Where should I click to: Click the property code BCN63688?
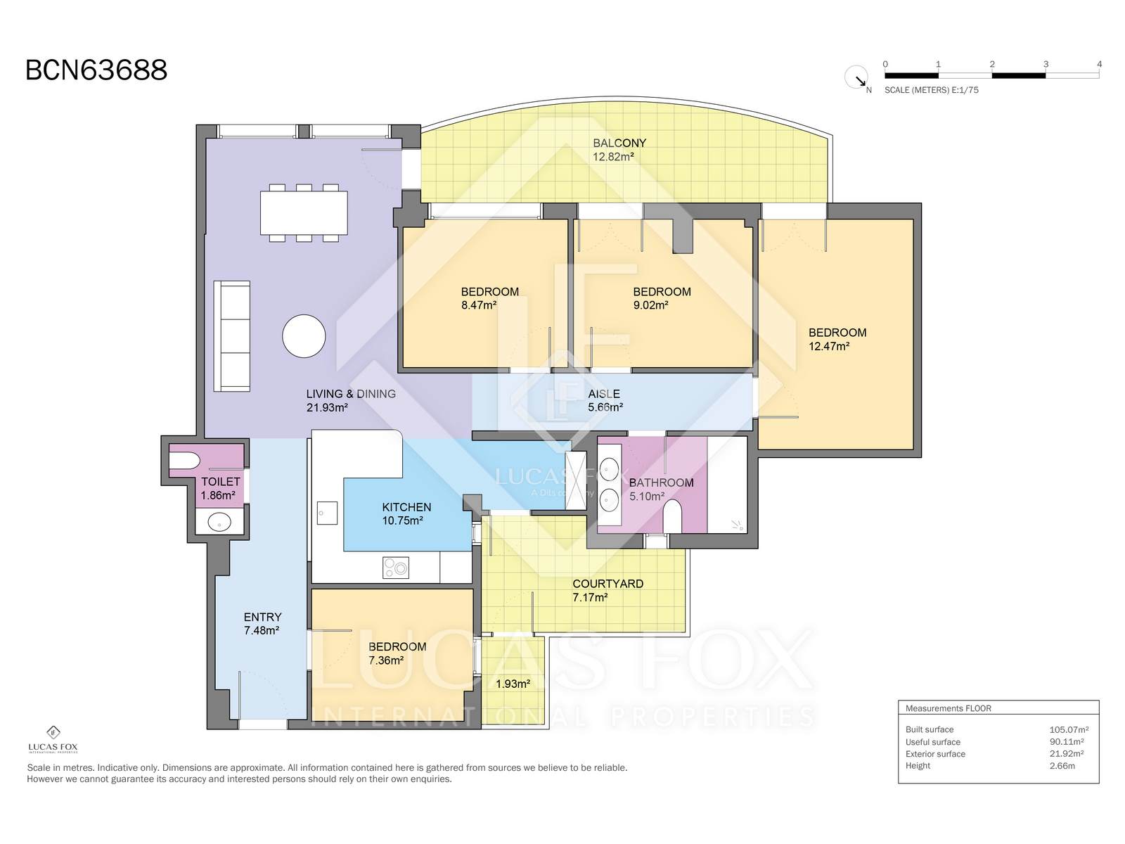96,70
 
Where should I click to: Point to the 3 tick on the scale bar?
1046,64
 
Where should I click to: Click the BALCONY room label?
619,143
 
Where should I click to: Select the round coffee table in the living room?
304,336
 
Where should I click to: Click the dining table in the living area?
304,212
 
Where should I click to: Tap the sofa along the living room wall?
231,336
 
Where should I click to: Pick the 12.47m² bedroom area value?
829,347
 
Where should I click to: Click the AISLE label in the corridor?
604,394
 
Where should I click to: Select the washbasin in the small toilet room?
219,523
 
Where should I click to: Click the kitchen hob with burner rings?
396,568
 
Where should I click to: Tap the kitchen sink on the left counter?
327,513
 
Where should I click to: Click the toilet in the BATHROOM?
672,516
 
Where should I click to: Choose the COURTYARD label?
608,584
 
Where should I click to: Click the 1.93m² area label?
513,684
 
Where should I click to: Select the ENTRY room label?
262,617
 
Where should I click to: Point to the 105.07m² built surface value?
1069,730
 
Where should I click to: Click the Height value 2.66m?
1062,766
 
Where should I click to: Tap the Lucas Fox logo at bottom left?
53,739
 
